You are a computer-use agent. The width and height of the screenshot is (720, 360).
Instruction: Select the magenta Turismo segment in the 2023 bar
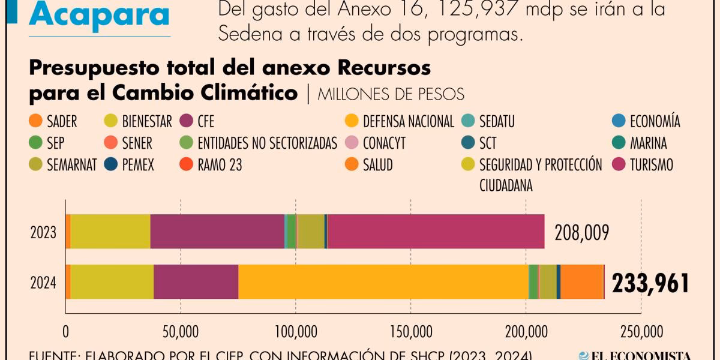436,231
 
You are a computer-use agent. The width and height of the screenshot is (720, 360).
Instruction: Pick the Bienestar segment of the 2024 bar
112,281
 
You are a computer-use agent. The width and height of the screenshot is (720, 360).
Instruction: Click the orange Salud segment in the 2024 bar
581,281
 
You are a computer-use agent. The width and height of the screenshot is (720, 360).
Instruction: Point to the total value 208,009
581,232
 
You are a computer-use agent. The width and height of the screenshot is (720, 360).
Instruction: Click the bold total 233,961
650,283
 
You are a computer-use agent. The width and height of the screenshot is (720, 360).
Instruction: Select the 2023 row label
43,232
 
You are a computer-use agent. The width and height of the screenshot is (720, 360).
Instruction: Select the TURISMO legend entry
651,164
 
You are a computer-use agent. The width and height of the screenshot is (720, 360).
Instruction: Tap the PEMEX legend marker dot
110,164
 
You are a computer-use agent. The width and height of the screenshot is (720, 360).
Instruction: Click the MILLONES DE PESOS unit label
391,94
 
